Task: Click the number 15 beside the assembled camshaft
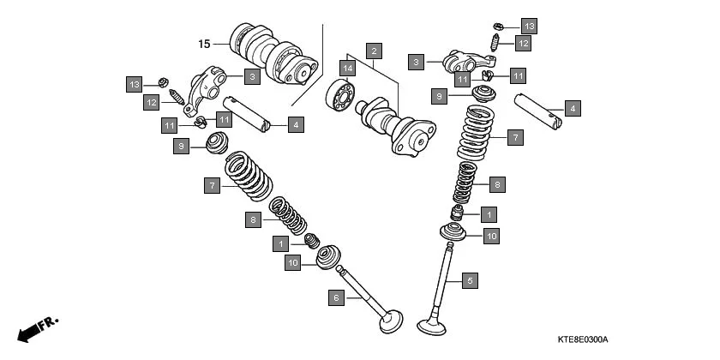(x=204, y=43)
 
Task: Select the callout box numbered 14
(x=348, y=68)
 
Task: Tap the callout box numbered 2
(x=374, y=50)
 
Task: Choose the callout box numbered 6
(x=337, y=297)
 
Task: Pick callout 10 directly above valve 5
(x=490, y=235)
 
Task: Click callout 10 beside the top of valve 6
(x=293, y=263)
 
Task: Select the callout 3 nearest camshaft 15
(x=251, y=77)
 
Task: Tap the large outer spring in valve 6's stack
(x=249, y=175)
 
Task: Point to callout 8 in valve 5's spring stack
(x=497, y=183)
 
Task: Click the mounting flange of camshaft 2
(x=415, y=138)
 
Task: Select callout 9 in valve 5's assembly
(x=438, y=97)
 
